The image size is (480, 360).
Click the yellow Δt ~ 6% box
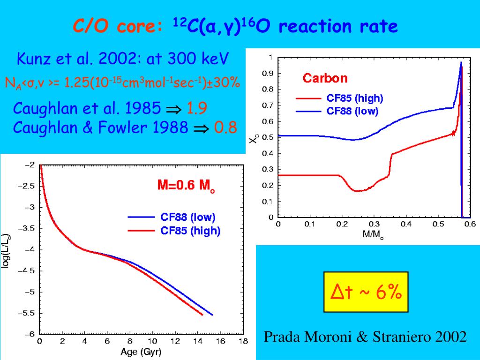tap(366, 292)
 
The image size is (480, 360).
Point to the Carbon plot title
tap(325, 78)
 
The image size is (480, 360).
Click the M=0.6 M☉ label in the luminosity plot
tap(186, 186)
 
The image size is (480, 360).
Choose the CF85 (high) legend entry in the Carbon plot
tap(354, 98)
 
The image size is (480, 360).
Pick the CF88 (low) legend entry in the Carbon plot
tap(352, 111)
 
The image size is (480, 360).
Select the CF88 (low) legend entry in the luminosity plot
tap(187, 217)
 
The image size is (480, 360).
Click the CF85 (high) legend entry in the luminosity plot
tap(190, 231)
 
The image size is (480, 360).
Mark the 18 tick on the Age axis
tap(242, 342)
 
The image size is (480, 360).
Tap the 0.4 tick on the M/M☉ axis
tap(405, 224)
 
